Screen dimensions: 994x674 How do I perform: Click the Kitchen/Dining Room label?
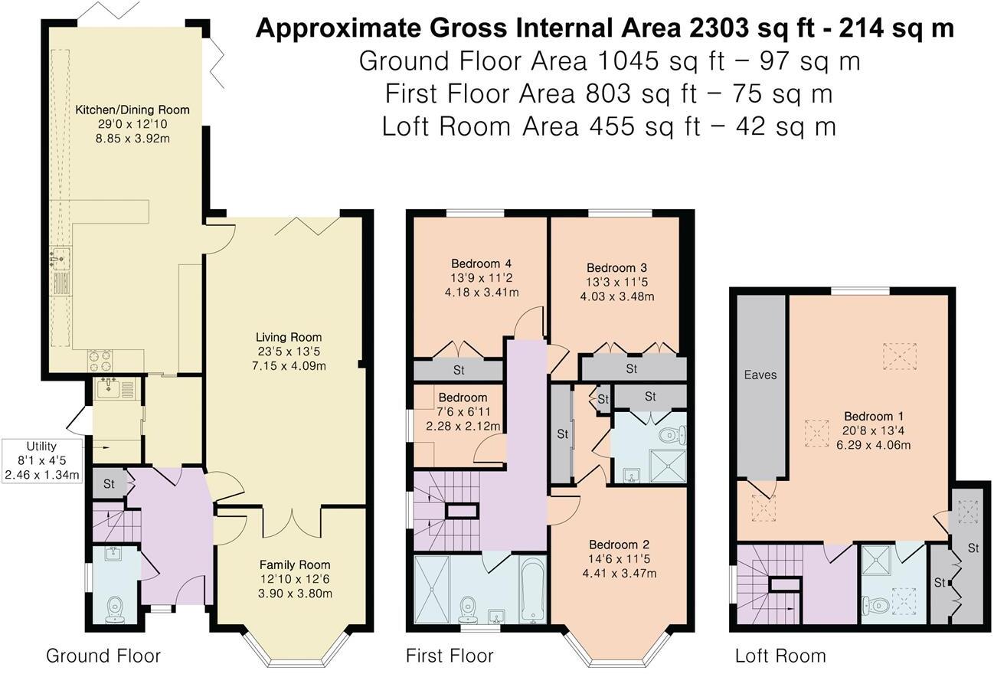[x=132, y=110]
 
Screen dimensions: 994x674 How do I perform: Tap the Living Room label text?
[x=289, y=337]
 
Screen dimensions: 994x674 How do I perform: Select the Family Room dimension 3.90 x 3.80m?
[x=295, y=594]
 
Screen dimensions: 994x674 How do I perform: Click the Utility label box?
[x=41, y=460]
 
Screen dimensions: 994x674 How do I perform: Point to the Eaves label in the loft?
[x=760, y=375]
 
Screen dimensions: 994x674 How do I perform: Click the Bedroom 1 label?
[x=873, y=416]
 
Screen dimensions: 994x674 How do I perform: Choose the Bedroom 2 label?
[x=619, y=545]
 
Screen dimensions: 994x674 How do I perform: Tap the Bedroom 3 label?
[x=616, y=267]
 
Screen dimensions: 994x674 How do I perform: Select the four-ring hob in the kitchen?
[x=100, y=361]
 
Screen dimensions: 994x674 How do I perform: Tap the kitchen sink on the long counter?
[x=60, y=259]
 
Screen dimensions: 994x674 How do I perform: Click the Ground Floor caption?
[x=103, y=656]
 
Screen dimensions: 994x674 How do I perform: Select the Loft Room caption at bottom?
[x=780, y=656]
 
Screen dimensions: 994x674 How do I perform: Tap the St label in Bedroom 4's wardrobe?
[x=459, y=370]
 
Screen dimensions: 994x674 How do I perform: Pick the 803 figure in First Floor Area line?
[x=608, y=93]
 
